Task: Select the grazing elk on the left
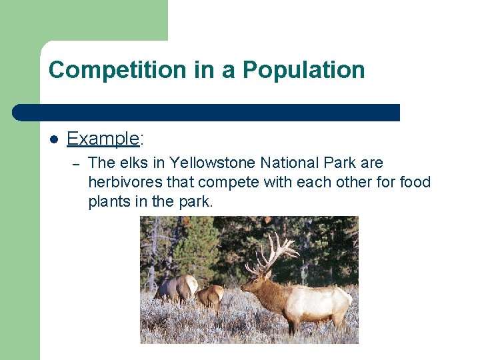pos(177,288)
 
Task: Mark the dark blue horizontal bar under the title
pos(207,113)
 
